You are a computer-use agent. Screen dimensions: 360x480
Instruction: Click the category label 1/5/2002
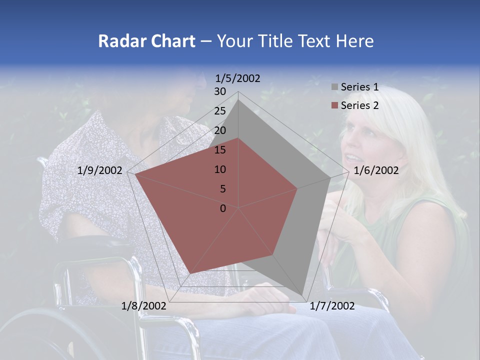click(237, 78)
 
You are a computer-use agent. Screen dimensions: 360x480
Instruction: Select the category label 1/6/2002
click(376, 170)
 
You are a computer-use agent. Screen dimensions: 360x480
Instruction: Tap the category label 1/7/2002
click(332, 306)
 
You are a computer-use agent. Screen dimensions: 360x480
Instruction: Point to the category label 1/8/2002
click(144, 306)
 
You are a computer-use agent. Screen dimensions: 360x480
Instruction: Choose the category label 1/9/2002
click(100, 170)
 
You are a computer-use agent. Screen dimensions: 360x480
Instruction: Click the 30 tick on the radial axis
click(220, 91)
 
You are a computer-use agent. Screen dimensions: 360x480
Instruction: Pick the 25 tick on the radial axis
click(220, 111)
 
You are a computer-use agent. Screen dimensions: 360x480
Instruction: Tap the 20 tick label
click(220, 130)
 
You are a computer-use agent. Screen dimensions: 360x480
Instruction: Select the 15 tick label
click(220, 150)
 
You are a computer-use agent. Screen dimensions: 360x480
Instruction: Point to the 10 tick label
click(220, 169)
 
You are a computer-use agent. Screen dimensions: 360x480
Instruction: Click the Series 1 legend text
click(359, 87)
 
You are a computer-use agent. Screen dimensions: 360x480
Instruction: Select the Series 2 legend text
click(359, 105)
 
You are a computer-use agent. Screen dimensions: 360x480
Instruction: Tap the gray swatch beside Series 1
click(334, 87)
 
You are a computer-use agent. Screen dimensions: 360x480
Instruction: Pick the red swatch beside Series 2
click(334, 105)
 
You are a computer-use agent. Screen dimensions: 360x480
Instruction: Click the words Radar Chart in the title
click(146, 41)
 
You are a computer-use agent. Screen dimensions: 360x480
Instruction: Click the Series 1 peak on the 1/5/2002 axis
click(238, 99)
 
